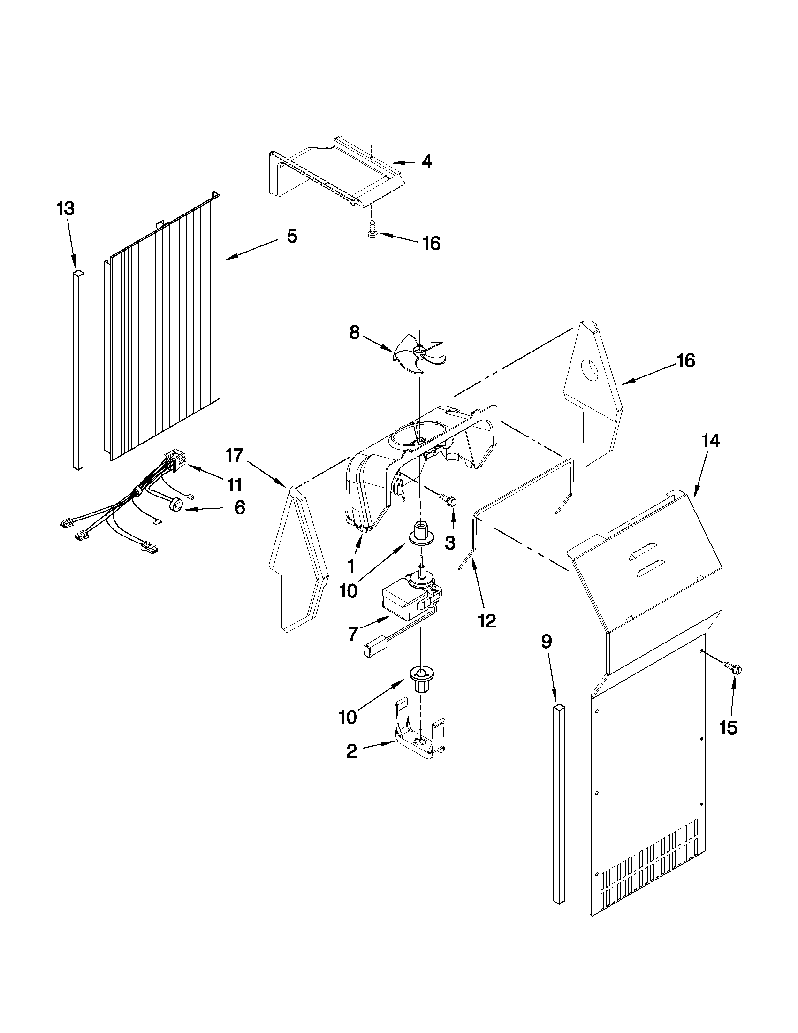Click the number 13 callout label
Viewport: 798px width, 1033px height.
pos(66,208)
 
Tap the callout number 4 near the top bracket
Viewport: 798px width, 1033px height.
pos(426,162)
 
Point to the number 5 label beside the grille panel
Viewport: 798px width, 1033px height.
pos(292,237)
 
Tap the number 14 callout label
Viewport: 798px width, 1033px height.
pos(711,441)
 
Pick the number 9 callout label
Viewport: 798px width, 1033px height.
pos(546,642)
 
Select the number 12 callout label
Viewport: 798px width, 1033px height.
pos(487,621)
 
